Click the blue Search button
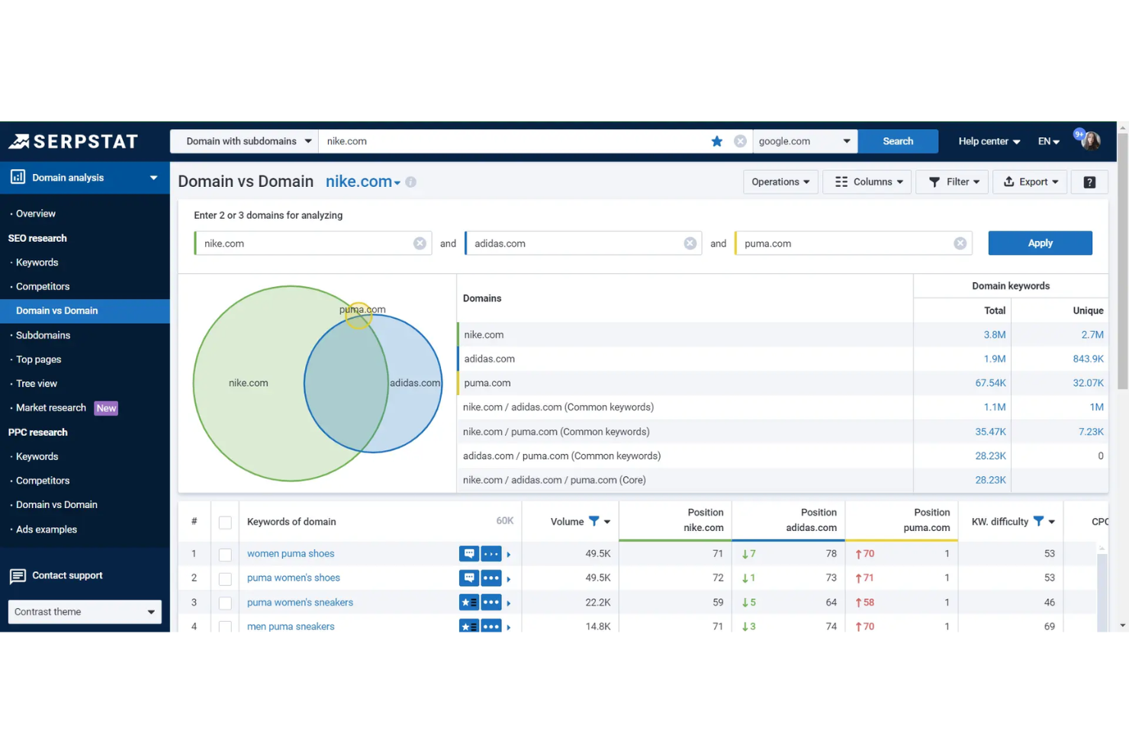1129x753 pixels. (x=897, y=141)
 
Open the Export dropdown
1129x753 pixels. (x=1030, y=182)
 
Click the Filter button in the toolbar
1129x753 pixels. (x=953, y=182)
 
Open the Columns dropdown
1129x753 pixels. (x=867, y=182)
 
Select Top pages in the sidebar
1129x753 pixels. (x=39, y=359)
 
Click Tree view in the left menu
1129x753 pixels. (x=37, y=384)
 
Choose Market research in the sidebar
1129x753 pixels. (x=51, y=408)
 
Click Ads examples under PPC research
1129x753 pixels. (x=47, y=529)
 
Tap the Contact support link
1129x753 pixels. (x=67, y=575)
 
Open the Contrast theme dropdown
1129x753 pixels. (x=84, y=612)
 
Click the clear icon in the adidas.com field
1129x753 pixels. (x=690, y=243)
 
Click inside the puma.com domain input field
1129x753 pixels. (x=843, y=243)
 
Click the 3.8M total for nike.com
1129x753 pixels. (x=994, y=335)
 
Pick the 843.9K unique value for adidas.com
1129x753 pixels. (x=1087, y=359)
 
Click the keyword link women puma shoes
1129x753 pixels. (x=291, y=554)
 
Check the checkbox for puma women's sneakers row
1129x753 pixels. (x=225, y=603)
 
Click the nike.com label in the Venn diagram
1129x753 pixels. (x=248, y=383)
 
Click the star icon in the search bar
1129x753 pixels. (x=716, y=141)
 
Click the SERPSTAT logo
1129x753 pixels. (x=73, y=141)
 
